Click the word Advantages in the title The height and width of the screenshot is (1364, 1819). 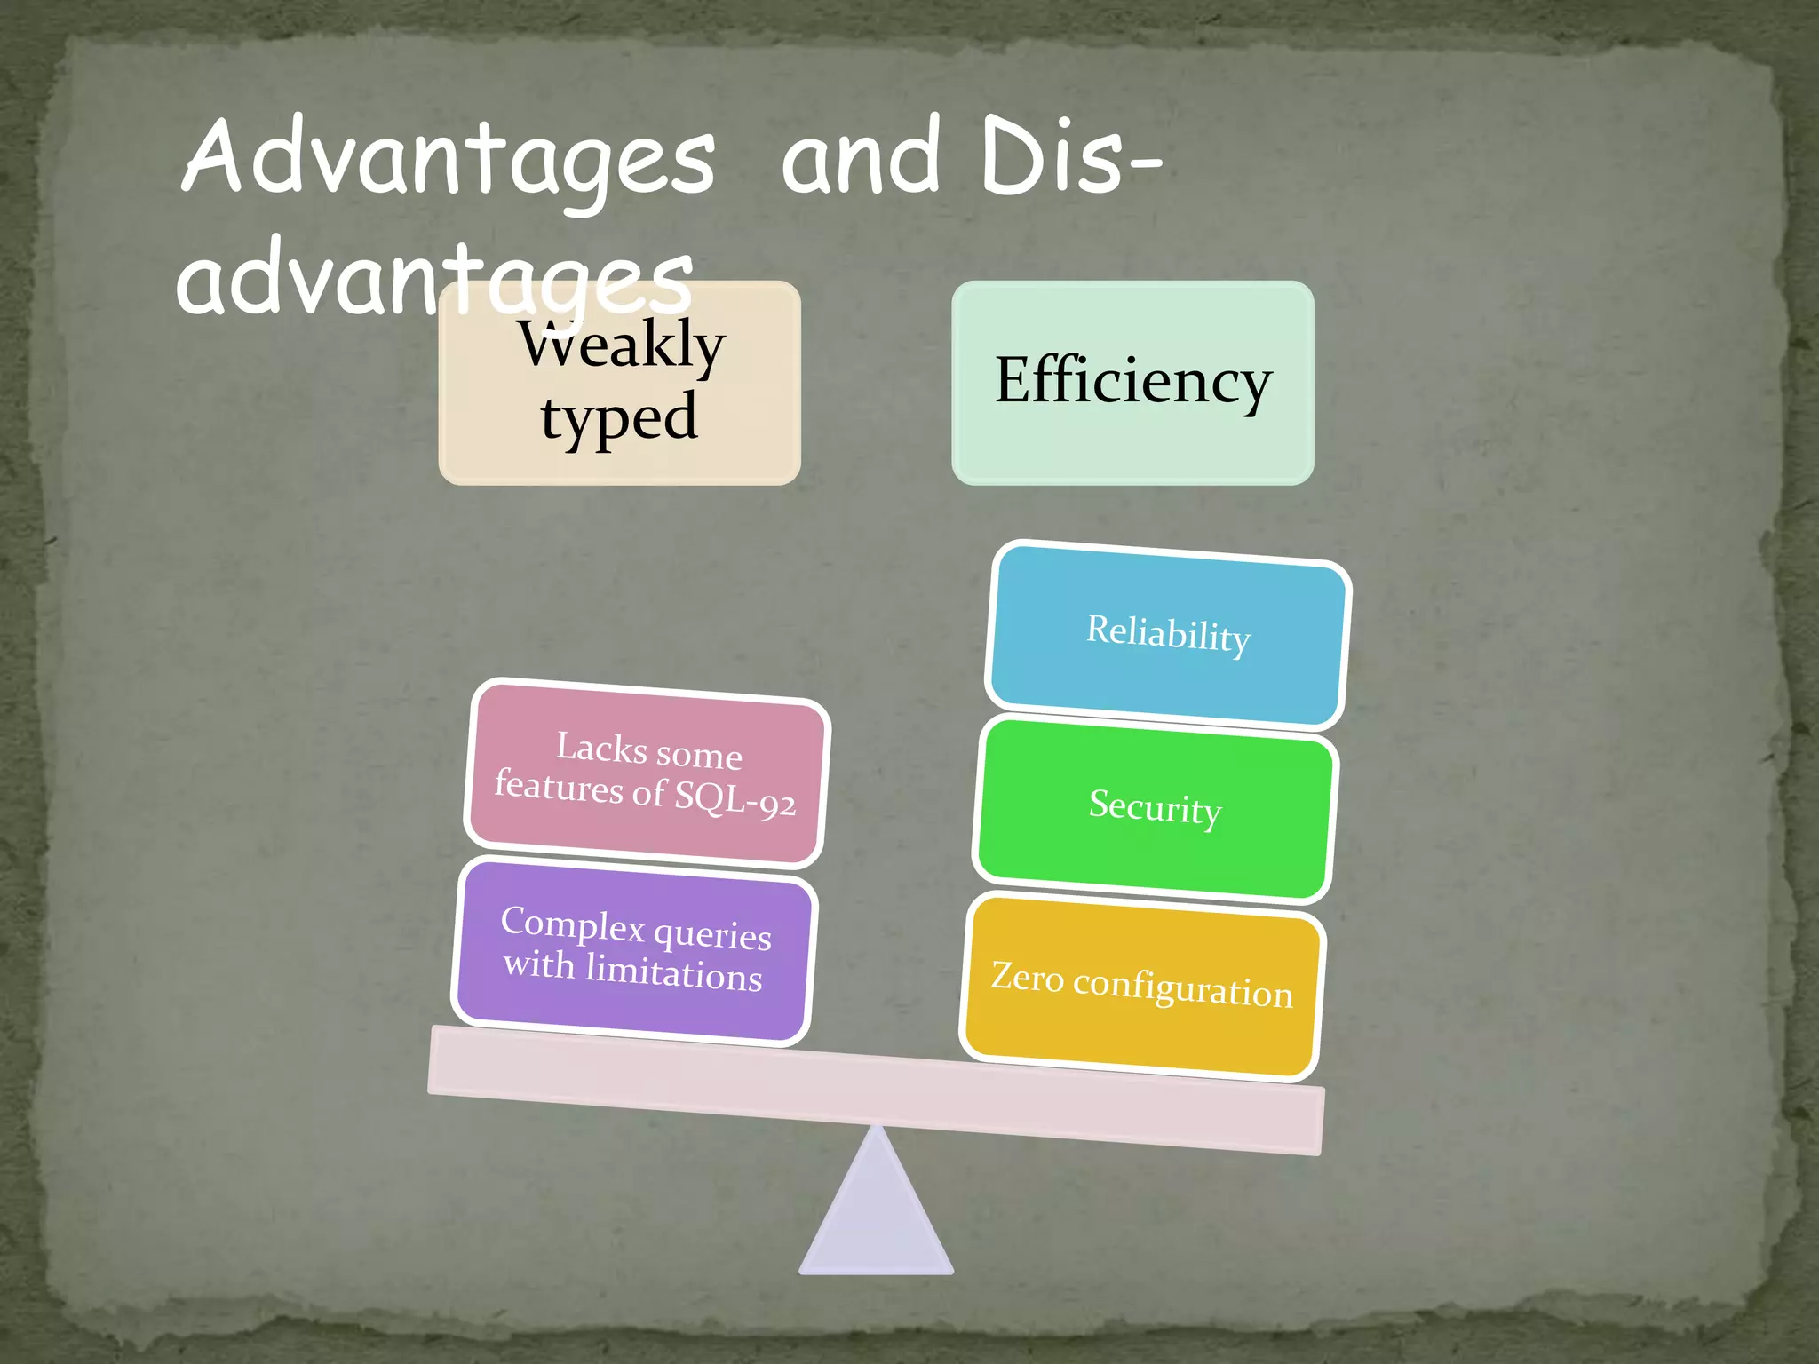pos(449,158)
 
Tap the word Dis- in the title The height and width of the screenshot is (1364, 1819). pos(1070,158)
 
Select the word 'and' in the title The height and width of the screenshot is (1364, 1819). pos(860,158)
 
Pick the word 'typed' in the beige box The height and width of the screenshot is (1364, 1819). pos(619,417)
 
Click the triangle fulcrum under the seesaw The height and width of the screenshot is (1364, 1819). pos(877,1217)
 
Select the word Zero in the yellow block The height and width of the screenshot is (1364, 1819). pos(1028,976)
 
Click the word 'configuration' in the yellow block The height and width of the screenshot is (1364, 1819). pos(1182,988)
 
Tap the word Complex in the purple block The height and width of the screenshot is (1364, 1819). pos(573,924)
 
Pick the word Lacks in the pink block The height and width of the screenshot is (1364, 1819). pos(601,747)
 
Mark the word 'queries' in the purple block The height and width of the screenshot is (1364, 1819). pos(712,935)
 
